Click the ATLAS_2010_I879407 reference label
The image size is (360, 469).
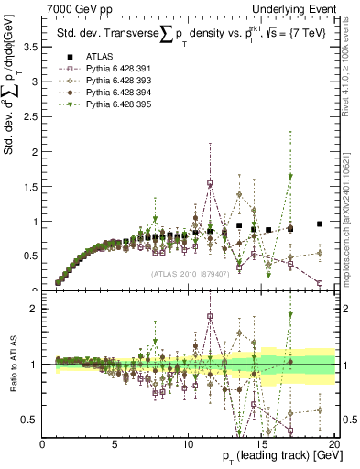189,271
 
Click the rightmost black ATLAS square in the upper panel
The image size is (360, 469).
320,224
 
